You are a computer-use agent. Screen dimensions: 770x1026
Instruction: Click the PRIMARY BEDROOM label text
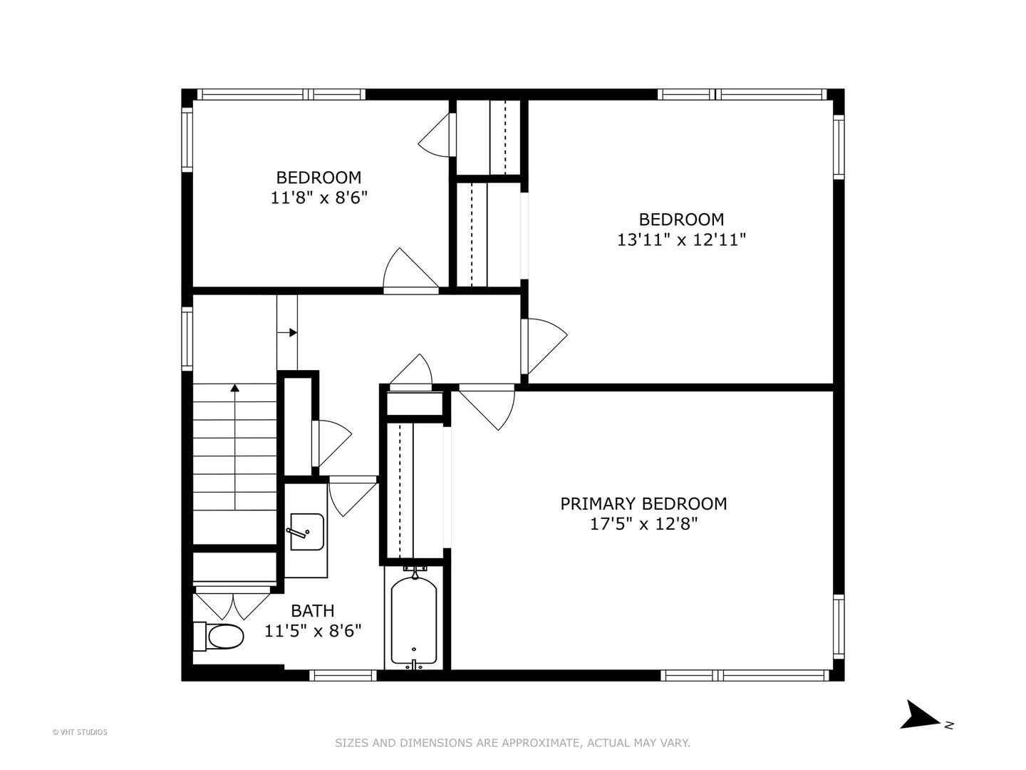pyautogui.click(x=643, y=503)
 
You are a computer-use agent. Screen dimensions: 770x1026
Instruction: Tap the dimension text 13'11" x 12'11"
pyautogui.click(x=681, y=240)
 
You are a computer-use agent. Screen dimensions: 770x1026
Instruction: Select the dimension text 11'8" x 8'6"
pyautogui.click(x=318, y=197)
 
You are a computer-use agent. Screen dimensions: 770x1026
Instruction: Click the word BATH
pyautogui.click(x=312, y=610)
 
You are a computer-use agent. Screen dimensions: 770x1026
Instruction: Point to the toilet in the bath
pyautogui.click(x=219, y=636)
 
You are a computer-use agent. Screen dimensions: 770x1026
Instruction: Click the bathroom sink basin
pyautogui.click(x=307, y=532)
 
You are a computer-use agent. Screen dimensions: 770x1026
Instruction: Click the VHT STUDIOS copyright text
pyautogui.click(x=80, y=732)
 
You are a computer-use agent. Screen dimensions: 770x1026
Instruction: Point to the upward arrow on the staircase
pyautogui.click(x=234, y=389)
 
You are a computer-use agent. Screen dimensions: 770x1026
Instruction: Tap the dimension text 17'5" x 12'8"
pyautogui.click(x=643, y=524)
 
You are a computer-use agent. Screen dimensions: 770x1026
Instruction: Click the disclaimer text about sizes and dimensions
pyautogui.click(x=512, y=743)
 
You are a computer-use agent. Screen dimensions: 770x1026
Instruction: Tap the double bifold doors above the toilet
pyautogui.click(x=233, y=603)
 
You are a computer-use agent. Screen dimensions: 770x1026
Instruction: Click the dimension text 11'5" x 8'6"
pyautogui.click(x=313, y=631)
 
